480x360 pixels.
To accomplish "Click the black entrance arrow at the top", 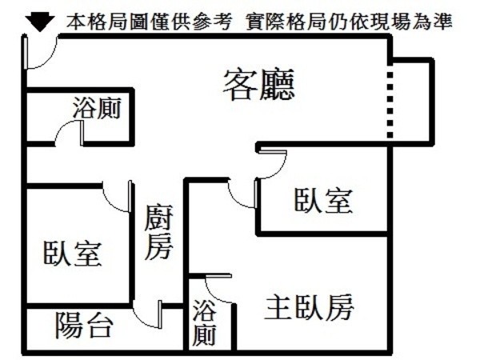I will click(36, 23).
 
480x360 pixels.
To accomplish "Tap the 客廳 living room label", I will click(259, 83).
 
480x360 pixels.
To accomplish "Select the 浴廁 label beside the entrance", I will click(97, 108).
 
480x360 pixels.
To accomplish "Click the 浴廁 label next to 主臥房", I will click(204, 322).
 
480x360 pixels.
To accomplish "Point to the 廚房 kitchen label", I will click(158, 233).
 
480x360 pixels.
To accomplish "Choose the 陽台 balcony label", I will click(83, 324).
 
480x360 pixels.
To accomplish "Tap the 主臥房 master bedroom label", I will click(310, 306).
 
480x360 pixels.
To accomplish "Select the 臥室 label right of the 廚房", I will click(323, 200).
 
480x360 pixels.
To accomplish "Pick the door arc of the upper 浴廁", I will click(69, 132).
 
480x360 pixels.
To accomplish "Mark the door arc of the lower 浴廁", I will click(219, 290).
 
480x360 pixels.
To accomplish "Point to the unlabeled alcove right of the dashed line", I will click(412, 100).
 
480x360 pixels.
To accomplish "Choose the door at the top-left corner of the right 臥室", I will click(272, 163).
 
